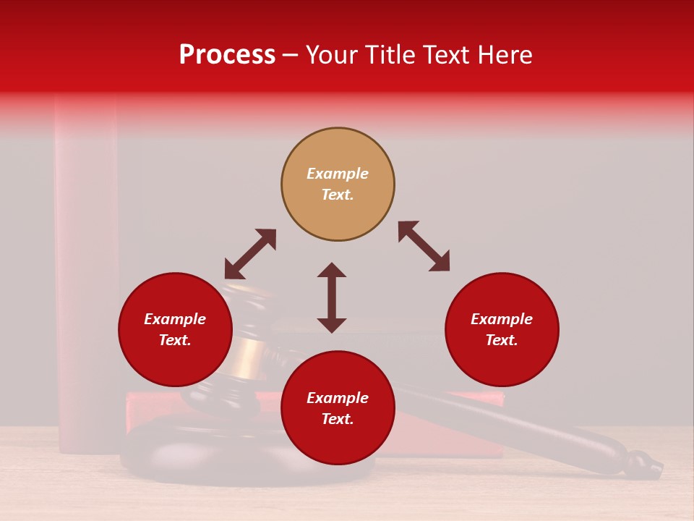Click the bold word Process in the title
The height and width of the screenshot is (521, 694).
click(x=227, y=55)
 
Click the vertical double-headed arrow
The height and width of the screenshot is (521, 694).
click(x=332, y=297)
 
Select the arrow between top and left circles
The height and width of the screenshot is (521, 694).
click(x=250, y=254)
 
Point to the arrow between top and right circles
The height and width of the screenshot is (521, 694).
click(x=424, y=246)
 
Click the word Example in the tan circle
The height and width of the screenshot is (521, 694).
click(x=338, y=174)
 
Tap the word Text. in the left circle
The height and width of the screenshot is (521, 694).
click(x=175, y=340)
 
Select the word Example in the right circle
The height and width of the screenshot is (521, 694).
click(x=502, y=319)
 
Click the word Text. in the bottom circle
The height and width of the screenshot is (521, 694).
click(x=338, y=419)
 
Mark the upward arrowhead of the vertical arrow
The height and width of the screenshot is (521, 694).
click(x=332, y=270)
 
